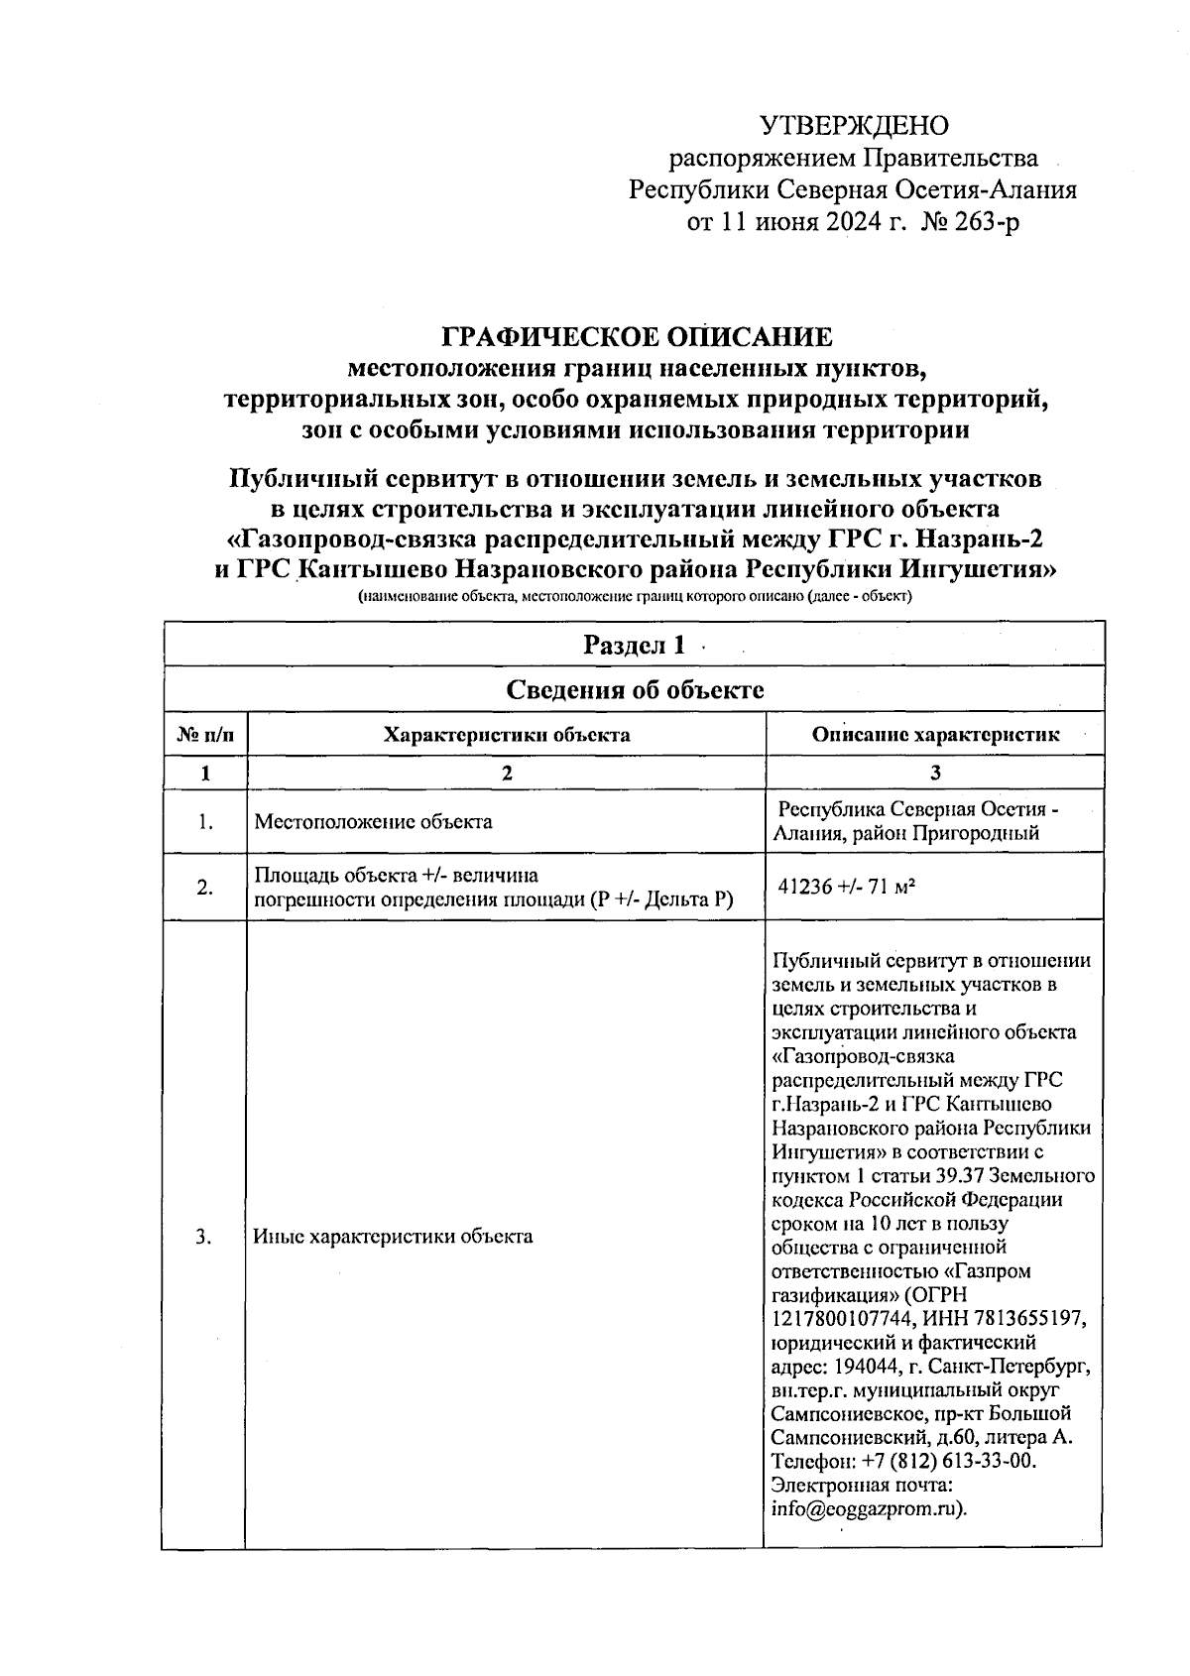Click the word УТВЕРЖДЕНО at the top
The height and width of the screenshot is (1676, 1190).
pos(854,126)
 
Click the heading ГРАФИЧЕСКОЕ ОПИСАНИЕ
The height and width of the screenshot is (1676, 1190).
pos(637,337)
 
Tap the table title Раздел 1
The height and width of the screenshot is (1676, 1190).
pos(634,645)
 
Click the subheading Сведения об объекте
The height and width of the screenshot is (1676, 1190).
pos(635,689)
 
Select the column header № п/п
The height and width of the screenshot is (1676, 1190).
pos(205,735)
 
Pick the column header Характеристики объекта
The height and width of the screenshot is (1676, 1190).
pos(506,735)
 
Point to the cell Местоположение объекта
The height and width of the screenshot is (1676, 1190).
pos(373,821)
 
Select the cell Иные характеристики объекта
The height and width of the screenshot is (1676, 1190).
pos(393,1237)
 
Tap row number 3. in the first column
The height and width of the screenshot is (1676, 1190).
pos(204,1237)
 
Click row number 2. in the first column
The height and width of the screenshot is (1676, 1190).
pos(204,888)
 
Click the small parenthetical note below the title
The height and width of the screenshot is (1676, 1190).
pos(636,597)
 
